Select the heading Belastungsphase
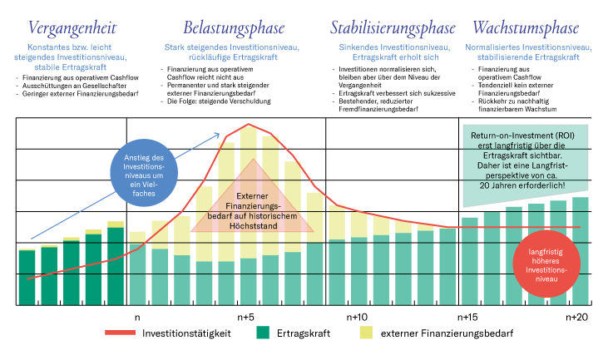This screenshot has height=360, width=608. click(232, 28)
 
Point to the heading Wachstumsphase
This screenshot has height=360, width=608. click(528, 28)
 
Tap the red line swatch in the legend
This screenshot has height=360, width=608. click(120, 333)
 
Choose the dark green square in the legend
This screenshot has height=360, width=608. click(263, 333)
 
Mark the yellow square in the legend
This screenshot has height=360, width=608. click(366, 333)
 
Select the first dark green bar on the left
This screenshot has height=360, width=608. click(27, 277)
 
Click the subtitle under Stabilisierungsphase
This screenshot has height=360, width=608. click(388, 52)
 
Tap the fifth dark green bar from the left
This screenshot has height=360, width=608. click(116, 266)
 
